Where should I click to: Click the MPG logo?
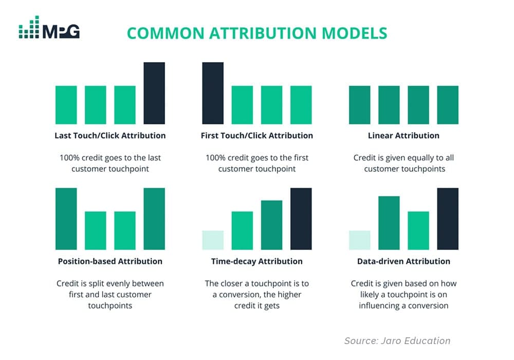49,28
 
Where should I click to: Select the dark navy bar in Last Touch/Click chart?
154,93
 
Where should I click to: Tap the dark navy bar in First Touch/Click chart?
213,93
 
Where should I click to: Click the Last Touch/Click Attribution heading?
110,136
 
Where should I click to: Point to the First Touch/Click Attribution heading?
257,136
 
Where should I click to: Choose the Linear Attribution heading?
403,136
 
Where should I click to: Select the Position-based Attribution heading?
110,261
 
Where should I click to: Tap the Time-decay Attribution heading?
257,261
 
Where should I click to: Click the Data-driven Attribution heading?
403,261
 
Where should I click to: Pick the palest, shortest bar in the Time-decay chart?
213,240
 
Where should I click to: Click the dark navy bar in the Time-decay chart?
301,219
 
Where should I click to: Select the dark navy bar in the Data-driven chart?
448,219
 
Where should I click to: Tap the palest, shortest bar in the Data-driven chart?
359,240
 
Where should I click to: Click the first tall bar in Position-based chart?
66,219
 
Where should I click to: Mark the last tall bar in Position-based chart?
154,219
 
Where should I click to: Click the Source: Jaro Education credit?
397,340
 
